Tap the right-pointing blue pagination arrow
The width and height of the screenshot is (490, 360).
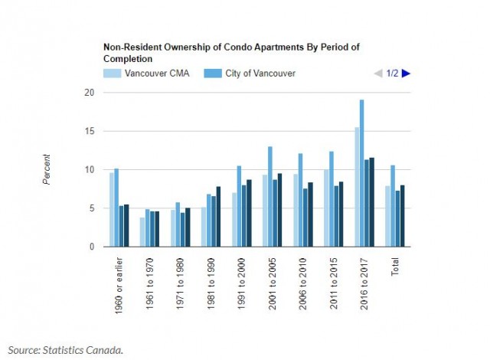pyautogui.click(x=406, y=74)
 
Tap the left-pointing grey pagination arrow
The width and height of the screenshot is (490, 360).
pyautogui.click(x=377, y=74)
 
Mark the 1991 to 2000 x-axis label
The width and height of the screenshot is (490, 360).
pyautogui.click(x=240, y=282)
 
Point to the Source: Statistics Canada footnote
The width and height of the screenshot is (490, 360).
pyautogui.click(x=67, y=350)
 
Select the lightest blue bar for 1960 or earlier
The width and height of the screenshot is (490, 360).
pyautogui.click(x=112, y=209)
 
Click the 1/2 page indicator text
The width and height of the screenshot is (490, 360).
pyautogui.click(x=392, y=74)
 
